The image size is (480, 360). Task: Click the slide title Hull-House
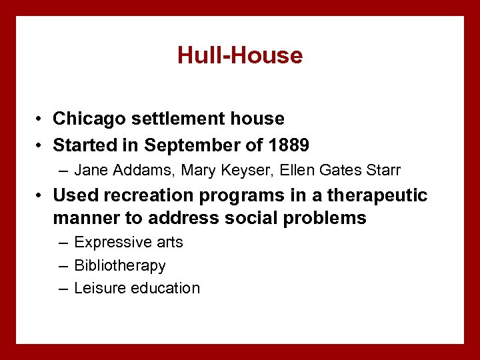240,55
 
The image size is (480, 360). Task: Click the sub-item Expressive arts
129,243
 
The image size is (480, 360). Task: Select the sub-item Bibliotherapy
120,265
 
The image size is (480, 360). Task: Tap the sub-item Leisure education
137,288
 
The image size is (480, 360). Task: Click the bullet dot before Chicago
41,119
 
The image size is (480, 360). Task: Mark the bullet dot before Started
41,145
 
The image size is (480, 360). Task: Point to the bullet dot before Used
41,196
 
